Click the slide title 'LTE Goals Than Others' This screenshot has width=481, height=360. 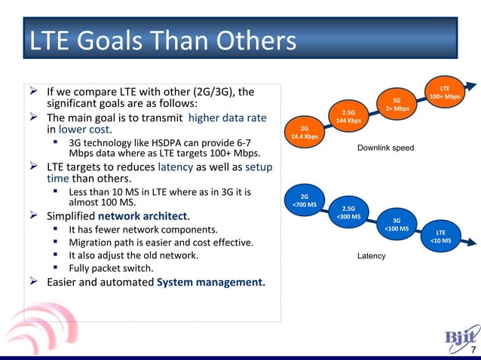pos(161,41)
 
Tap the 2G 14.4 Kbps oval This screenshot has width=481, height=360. pos(304,133)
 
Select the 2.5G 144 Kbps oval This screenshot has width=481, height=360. pos(348,116)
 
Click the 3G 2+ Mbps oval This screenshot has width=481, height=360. pos(397,105)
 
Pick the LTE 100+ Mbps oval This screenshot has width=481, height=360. pos(444,92)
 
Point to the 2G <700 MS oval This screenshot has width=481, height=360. pos(304,200)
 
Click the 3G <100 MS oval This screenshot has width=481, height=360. pos(397,224)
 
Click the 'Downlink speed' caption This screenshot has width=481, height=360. pos(385,148)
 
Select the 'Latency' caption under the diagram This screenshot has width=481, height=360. pos(371,256)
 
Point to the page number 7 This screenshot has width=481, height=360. pos(473,351)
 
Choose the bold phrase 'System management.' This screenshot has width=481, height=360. pos(210,282)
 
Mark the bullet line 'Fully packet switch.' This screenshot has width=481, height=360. pos(111,268)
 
